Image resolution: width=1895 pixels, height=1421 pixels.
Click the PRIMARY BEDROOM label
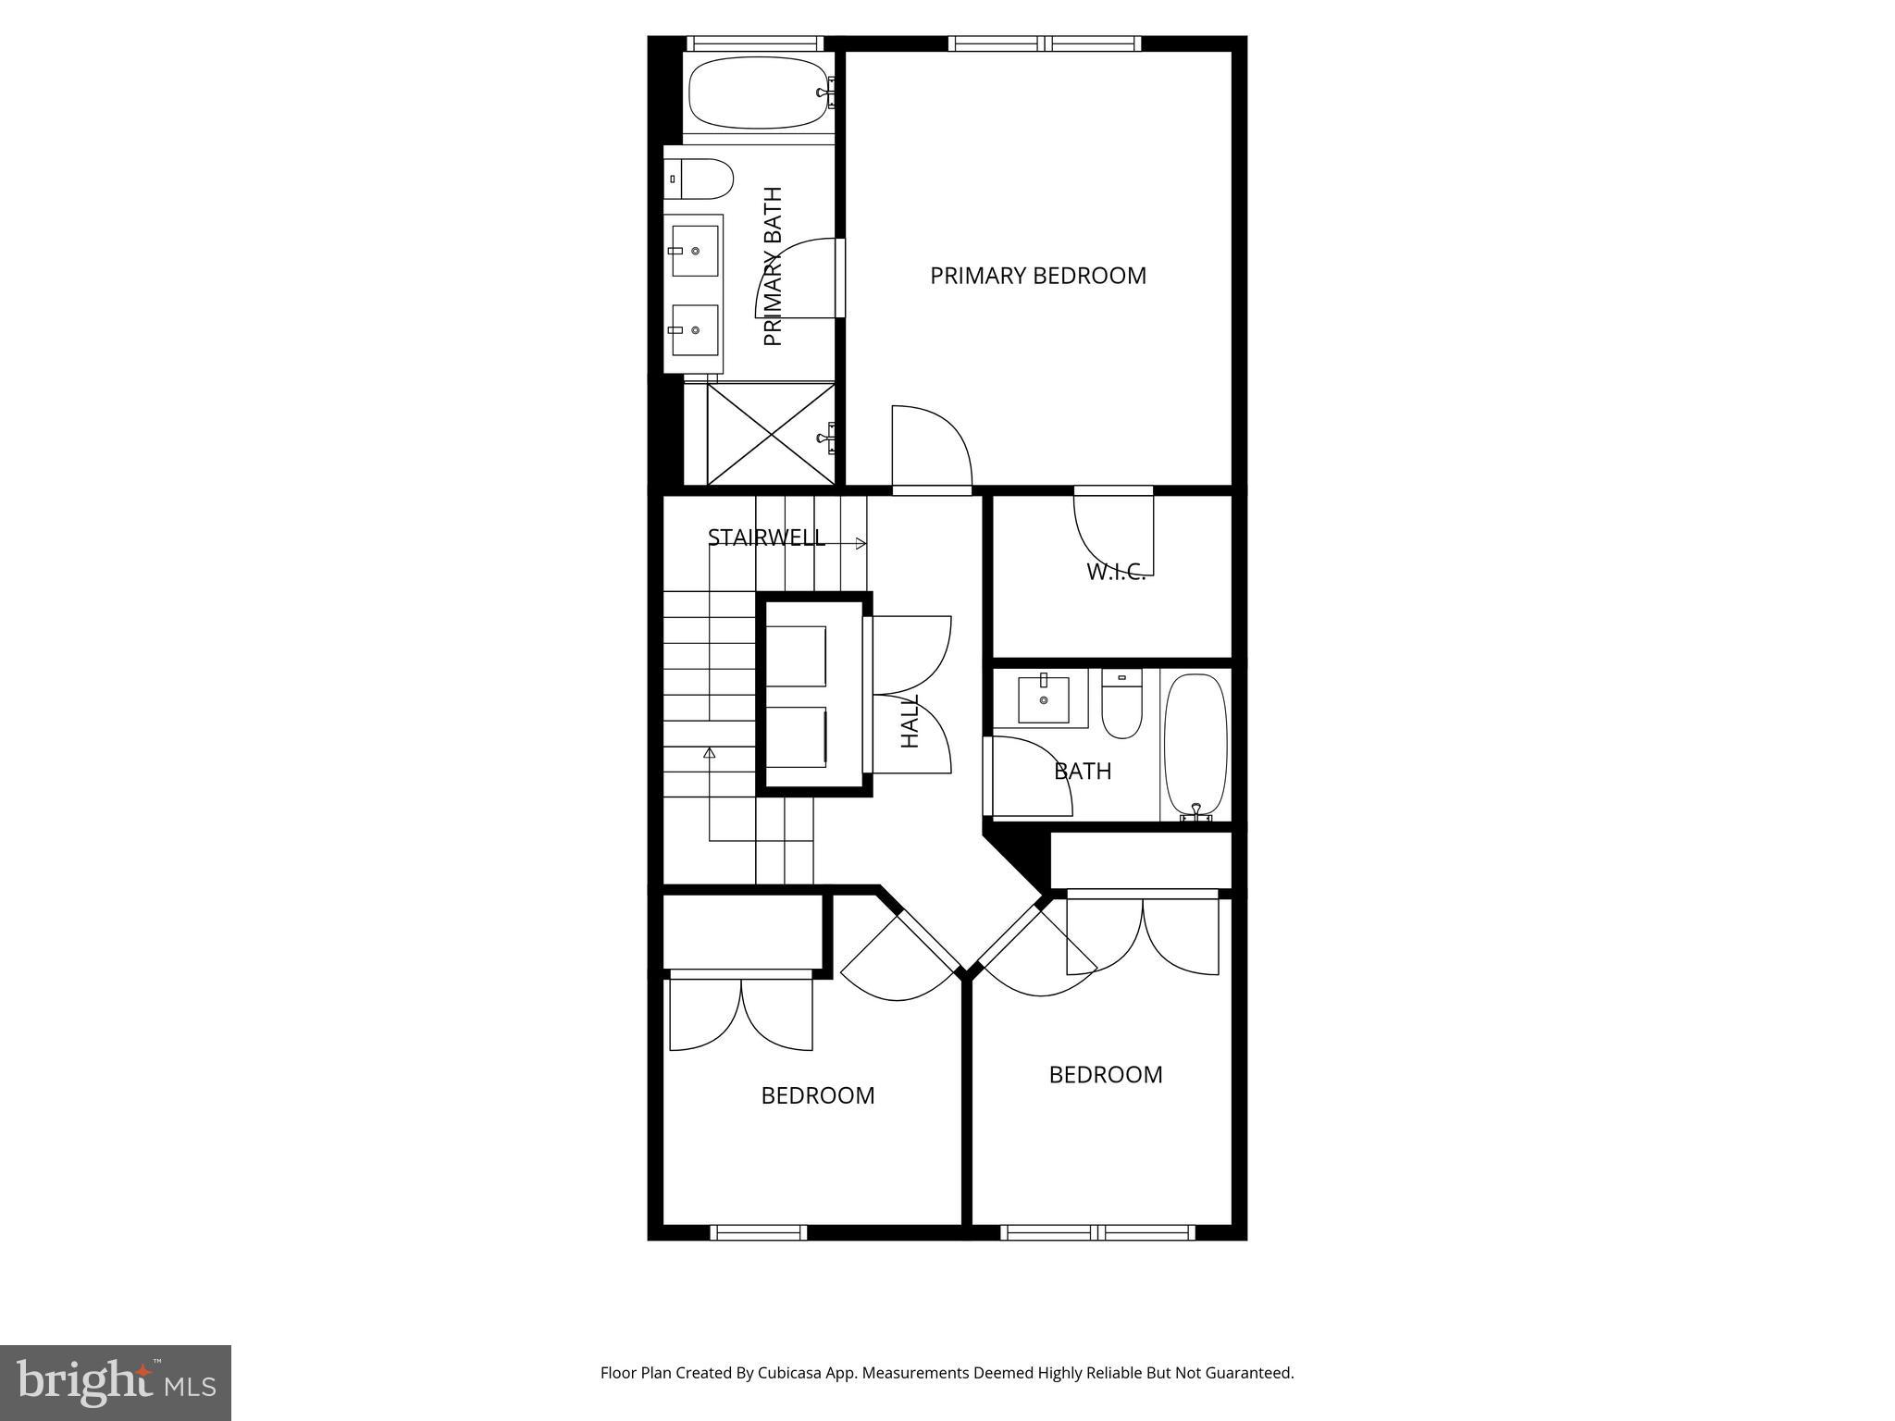click(x=1037, y=276)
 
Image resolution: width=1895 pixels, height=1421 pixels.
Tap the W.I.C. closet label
click(x=1116, y=572)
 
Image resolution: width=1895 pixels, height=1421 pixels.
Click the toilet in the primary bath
click(x=700, y=179)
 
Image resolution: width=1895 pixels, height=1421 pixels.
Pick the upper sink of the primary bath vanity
click(x=695, y=251)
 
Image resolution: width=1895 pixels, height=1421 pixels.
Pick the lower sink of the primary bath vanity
click(x=695, y=329)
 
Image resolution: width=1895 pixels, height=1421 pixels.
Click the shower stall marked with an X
click(x=770, y=434)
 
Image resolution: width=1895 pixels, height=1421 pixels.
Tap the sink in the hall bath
click(x=1043, y=700)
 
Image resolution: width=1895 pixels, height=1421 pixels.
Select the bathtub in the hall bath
click(x=1195, y=745)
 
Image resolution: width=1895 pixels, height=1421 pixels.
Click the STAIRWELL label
click(x=766, y=538)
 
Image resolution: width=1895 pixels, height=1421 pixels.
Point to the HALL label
click(x=910, y=722)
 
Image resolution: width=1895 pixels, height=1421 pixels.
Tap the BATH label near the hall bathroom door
click(x=1083, y=771)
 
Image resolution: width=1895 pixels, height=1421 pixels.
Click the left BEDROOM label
click(x=817, y=1095)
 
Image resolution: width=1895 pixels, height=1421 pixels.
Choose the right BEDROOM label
click(x=1105, y=1074)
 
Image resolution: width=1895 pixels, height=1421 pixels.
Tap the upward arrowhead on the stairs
click(x=710, y=753)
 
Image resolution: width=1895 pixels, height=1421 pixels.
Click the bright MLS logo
click(x=116, y=1382)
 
